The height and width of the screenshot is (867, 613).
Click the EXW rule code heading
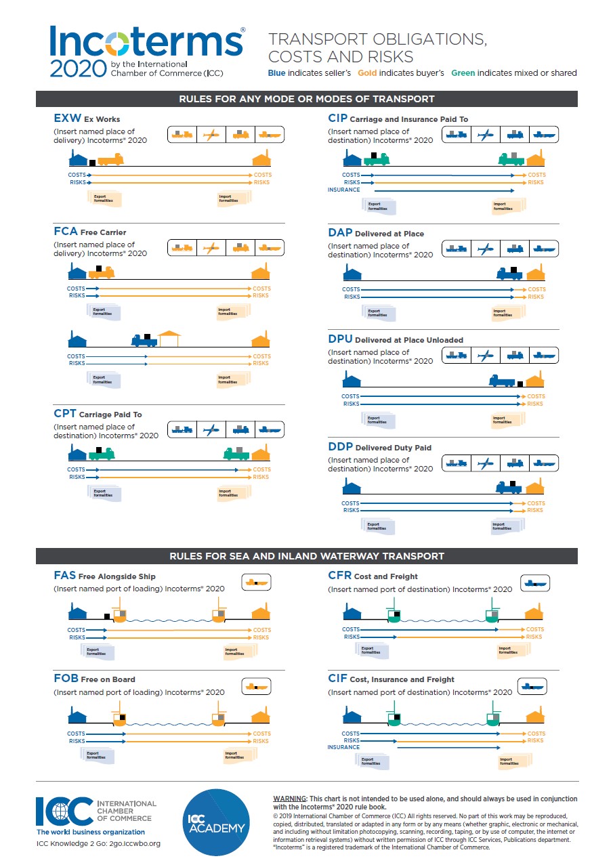click(67, 119)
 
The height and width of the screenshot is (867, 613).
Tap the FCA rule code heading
click(66, 232)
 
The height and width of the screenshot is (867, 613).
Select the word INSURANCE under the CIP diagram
click(343, 190)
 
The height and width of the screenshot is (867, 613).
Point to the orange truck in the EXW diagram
click(110, 159)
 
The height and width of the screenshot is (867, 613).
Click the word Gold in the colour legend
click(367, 73)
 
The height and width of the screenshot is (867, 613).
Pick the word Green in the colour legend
click(463, 73)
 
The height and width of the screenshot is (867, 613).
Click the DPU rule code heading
click(340, 339)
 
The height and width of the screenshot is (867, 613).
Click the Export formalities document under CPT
click(104, 493)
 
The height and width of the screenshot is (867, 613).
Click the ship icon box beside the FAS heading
click(256, 582)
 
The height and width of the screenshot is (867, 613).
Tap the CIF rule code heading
click(337, 679)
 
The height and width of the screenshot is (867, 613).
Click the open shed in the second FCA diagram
click(169, 338)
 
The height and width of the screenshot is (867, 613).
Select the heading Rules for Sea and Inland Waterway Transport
click(306, 556)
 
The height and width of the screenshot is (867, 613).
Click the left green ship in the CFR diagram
click(393, 614)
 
